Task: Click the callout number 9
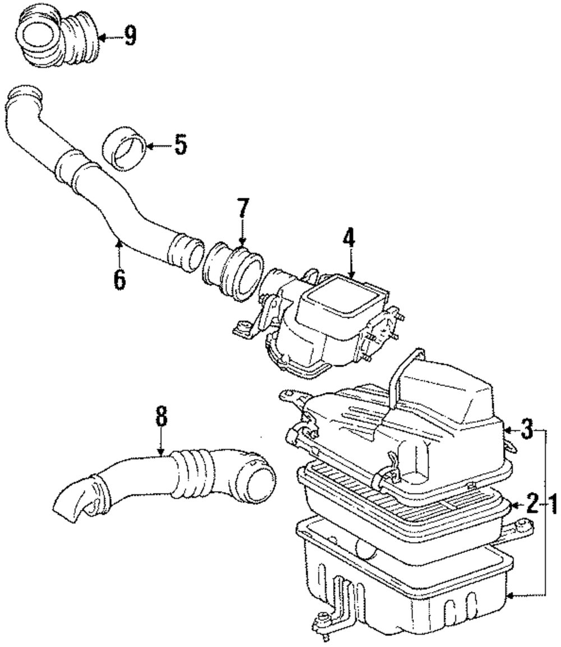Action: click(x=130, y=38)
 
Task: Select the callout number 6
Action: click(x=119, y=278)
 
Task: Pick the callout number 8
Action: click(x=161, y=417)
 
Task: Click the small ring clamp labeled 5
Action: click(x=126, y=148)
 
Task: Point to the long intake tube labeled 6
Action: click(x=101, y=185)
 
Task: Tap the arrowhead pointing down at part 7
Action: click(x=242, y=241)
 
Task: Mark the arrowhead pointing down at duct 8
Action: click(x=161, y=452)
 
